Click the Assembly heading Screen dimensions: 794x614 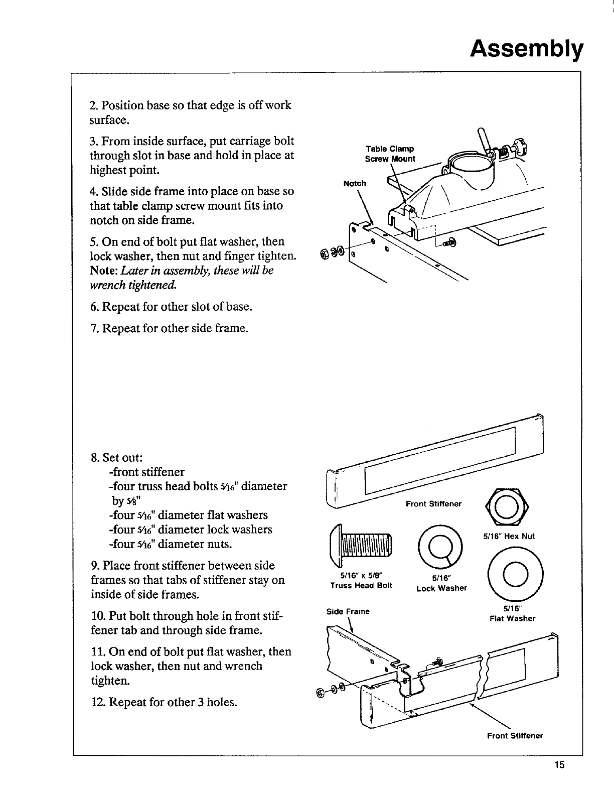pyautogui.click(x=527, y=49)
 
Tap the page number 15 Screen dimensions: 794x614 pyautogui.click(x=560, y=765)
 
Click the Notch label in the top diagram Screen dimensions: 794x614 pyautogui.click(x=355, y=183)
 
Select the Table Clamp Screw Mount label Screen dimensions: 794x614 pyautogui.click(x=390, y=154)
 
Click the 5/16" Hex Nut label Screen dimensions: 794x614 pyautogui.click(x=509, y=536)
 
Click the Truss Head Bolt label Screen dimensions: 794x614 pyautogui.click(x=361, y=581)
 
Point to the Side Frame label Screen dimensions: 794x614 pyautogui.click(x=348, y=611)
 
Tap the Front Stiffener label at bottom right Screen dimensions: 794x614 pyautogui.click(x=515, y=736)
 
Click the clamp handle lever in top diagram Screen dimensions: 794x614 pyautogui.click(x=483, y=139)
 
